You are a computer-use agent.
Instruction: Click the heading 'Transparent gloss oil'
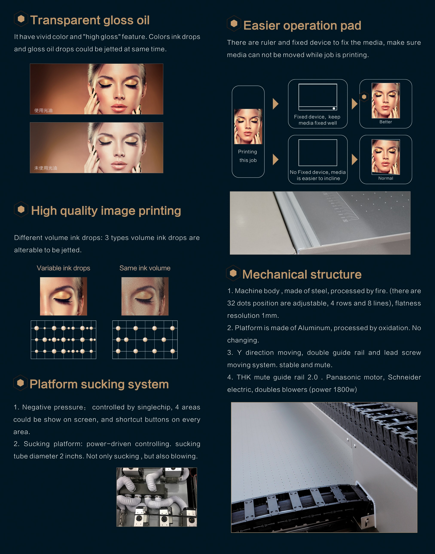pyautogui.click(x=90, y=20)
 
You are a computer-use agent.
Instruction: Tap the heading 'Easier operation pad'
pyautogui.click(x=302, y=26)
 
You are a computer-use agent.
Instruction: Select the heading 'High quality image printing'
pyautogui.click(x=106, y=211)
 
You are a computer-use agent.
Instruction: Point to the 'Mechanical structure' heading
pyautogui.click(x=302, y=274)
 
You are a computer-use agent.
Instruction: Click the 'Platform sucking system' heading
pyautogui.click(x=99, y=384)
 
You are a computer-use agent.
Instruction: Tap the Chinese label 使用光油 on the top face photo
pyautogui.click(x=43, y=110)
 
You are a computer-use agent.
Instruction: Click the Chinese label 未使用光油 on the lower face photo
pyautogui.click(x=46, y=168)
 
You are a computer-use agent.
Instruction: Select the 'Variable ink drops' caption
pyautogui.click(x=63, y=268)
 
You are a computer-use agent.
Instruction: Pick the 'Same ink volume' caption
pyautogui.click(x=145, y=268)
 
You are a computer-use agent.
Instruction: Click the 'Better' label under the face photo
pyautogui.click(x=386, y=122)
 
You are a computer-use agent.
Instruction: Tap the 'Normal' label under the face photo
pyautogui.click(x=386, y=178)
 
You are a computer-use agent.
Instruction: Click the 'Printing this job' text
pyautogui.click(x=248, y=156)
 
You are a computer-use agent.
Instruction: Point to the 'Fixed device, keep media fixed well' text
pyautogui.click(x=317, y=120)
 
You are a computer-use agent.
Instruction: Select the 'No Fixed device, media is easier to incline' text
pyautogui.click(x=318, y=175)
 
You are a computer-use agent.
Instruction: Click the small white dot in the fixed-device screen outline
pyautogui.click(x=334, y=109)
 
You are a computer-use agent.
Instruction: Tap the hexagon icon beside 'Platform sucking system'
pyautogui.click(x=21, y=383)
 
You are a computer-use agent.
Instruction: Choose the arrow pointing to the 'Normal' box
pyautogui.click(x=354, y=159)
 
